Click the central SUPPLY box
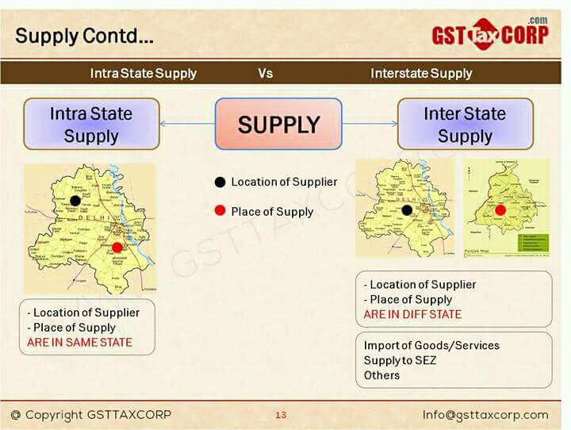pos(278,124)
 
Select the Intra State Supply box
pos(90,124)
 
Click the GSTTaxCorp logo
pos(489,34)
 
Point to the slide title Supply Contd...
pos(84,36)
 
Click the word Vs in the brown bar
pos(266,73)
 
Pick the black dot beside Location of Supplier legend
pos(220,182)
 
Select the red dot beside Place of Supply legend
pos(220,211)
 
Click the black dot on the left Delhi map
pos(75,200)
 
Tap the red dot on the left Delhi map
pos(117,247)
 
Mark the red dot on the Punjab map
pos(500,210)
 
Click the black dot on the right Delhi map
pos(407,210)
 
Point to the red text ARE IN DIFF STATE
pos(412,314)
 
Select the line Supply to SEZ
pos(400,360)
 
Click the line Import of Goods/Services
pos(431,346)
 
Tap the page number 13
pos(281,415)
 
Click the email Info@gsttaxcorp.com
pos(485,415)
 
